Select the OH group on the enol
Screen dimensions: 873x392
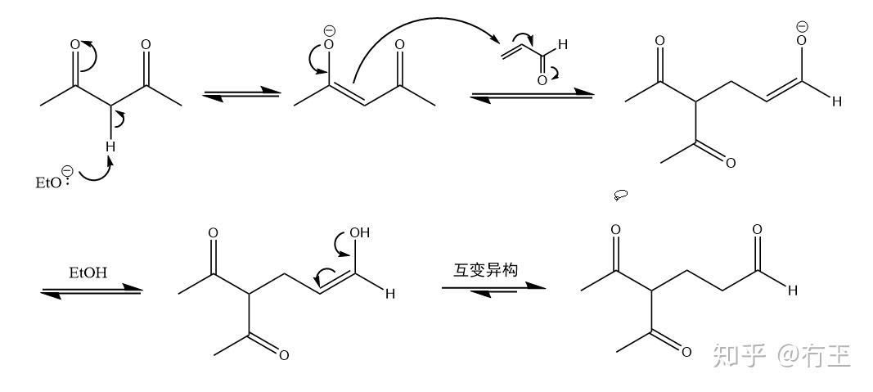point(359,232)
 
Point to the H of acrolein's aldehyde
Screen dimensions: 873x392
point(563,45)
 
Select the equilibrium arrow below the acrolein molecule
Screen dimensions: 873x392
point(531,95)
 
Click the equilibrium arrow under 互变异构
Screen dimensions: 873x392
point(494,289)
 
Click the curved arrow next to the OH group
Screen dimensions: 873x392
point(338,242)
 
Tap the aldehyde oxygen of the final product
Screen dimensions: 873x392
point(757,230)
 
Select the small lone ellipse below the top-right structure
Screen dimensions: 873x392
point(622,195)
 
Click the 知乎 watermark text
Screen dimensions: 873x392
point(740,355)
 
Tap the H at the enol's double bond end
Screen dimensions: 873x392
point(390,295)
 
